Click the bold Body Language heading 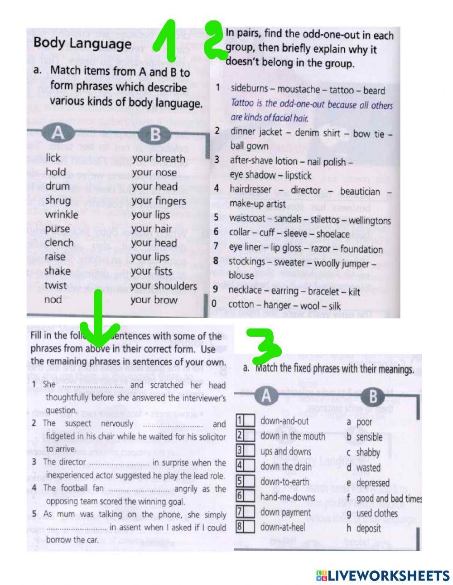tap(82, 44)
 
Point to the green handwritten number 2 tap(216, 41)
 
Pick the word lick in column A tap(53, 158)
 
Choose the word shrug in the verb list tap(58, 200)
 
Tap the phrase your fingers tap(159, 201)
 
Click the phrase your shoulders tap(164, 286)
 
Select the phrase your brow tap(154, 300)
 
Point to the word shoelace tap(333, 234)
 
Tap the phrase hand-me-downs tap(287, 497)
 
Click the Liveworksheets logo tap(382, 575)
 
